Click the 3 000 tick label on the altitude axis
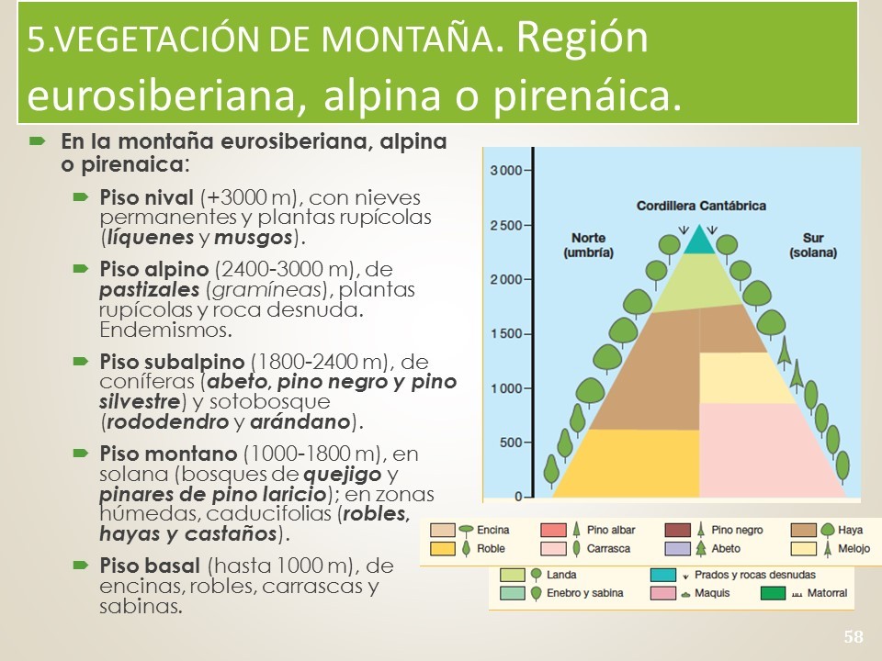click(x=506, y=171)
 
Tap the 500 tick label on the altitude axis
click(x=512, y=443)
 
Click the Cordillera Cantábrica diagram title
click(x=701, y=206)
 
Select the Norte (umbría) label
click(x=588, y=245)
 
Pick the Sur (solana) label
click(x=813, y=245)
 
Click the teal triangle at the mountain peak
click(x=699, y=240)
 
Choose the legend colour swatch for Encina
click(x=442, y=530)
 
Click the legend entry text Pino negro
click(x=737, y=530)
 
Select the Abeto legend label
click(x=726, y=549)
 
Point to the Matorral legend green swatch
click(x=773, y=593)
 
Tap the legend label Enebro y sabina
click(x=584, y=593)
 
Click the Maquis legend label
click(x=711, y=593)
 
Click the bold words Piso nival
click(x=146, y=197)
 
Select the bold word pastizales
click(x=149, y=290)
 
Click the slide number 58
click(x=853, y=636)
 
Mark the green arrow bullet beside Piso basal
click(x=81, y=565)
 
